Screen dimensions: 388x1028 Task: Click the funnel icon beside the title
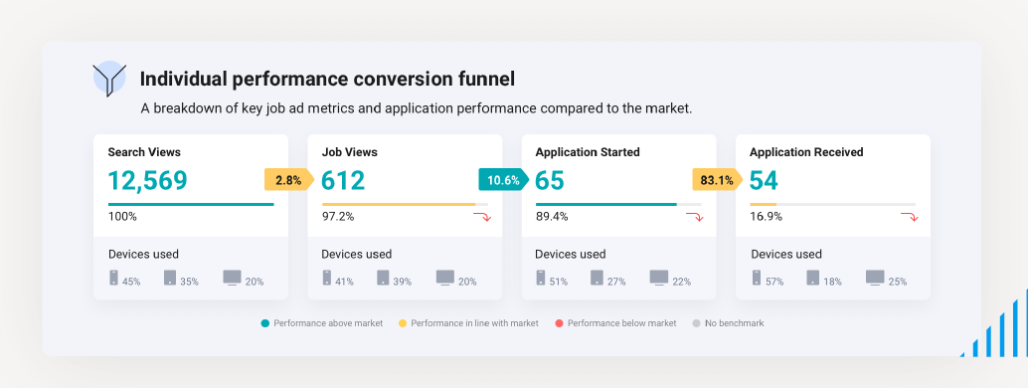108,79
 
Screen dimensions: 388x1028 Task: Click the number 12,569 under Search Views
147,180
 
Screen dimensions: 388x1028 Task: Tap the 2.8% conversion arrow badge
288,180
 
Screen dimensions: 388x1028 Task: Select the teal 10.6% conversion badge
503,180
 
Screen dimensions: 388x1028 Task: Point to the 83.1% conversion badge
717,180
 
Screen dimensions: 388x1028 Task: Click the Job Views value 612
343,180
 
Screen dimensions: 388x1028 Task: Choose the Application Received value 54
764,180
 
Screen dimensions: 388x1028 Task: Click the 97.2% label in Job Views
337,216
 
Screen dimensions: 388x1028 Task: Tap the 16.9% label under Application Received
766,216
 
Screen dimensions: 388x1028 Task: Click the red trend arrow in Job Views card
481,217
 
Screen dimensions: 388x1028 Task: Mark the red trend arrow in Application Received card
909,217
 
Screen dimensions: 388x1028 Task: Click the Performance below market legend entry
616,323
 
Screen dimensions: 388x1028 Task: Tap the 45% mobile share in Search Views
131,282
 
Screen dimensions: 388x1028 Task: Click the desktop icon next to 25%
875,278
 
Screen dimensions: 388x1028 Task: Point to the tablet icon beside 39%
383,278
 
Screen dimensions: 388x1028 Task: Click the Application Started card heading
587,152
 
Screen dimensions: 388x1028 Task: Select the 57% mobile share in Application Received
775,282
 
